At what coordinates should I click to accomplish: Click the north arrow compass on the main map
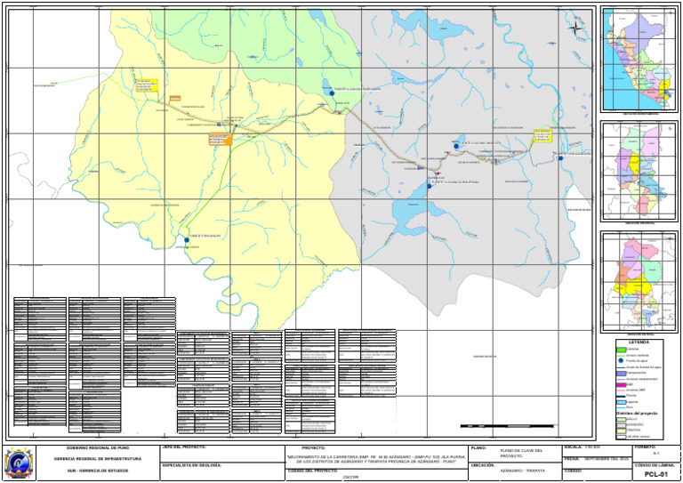tap(575, 28)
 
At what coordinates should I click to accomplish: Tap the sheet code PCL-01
tap(655, 474)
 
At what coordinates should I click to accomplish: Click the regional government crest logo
tap(19, 463)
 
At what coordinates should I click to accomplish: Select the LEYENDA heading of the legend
tap(639, 342)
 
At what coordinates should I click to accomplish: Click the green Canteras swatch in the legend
tap(623, 349)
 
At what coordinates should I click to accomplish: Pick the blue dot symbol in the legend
tap(622, 360)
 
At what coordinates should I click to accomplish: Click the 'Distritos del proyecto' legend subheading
tap(639, 413)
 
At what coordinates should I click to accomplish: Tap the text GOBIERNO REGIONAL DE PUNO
tap(98, 447)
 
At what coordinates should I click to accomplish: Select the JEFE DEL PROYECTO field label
tap(185, 447)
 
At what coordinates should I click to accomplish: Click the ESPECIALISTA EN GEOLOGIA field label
tap(191, 464)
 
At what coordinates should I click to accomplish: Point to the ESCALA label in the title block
tap(573, 447)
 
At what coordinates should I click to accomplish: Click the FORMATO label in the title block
tap(645, 447)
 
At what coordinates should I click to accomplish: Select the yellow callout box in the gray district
tap(542, 135)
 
